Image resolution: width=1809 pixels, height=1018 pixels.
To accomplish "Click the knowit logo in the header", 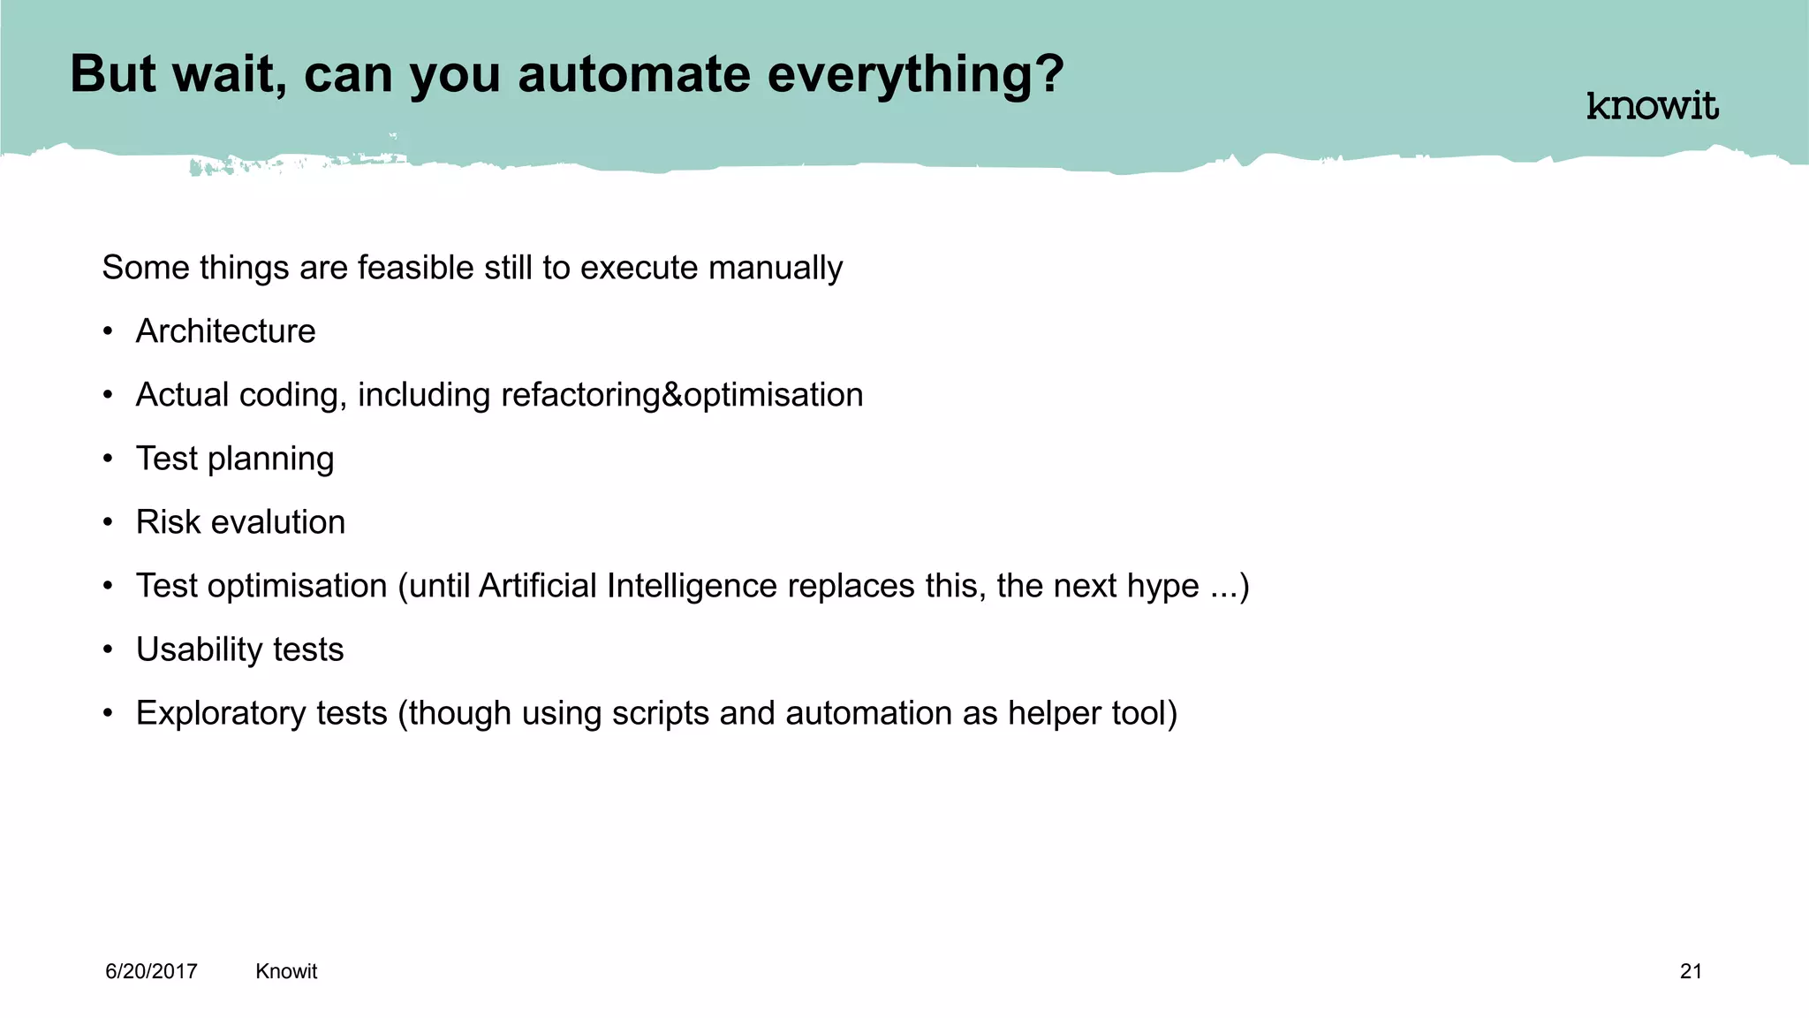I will (1652, 106).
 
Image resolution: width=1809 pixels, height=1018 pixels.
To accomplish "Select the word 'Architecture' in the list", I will (225, 331).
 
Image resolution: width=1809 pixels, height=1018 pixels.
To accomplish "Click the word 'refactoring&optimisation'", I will (682, 395).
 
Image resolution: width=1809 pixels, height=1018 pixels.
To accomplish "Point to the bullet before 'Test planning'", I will (108, 459).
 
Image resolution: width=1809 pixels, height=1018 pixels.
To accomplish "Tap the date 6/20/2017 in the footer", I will (151, 971).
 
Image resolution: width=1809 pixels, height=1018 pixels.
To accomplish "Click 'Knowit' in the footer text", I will (286, 971).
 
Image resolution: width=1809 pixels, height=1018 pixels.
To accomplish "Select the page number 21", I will (1691, 971).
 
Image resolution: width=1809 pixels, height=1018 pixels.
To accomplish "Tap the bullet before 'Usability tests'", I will (108, 650).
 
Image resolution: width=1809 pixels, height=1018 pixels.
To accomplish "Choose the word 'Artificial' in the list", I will (537, 586).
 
